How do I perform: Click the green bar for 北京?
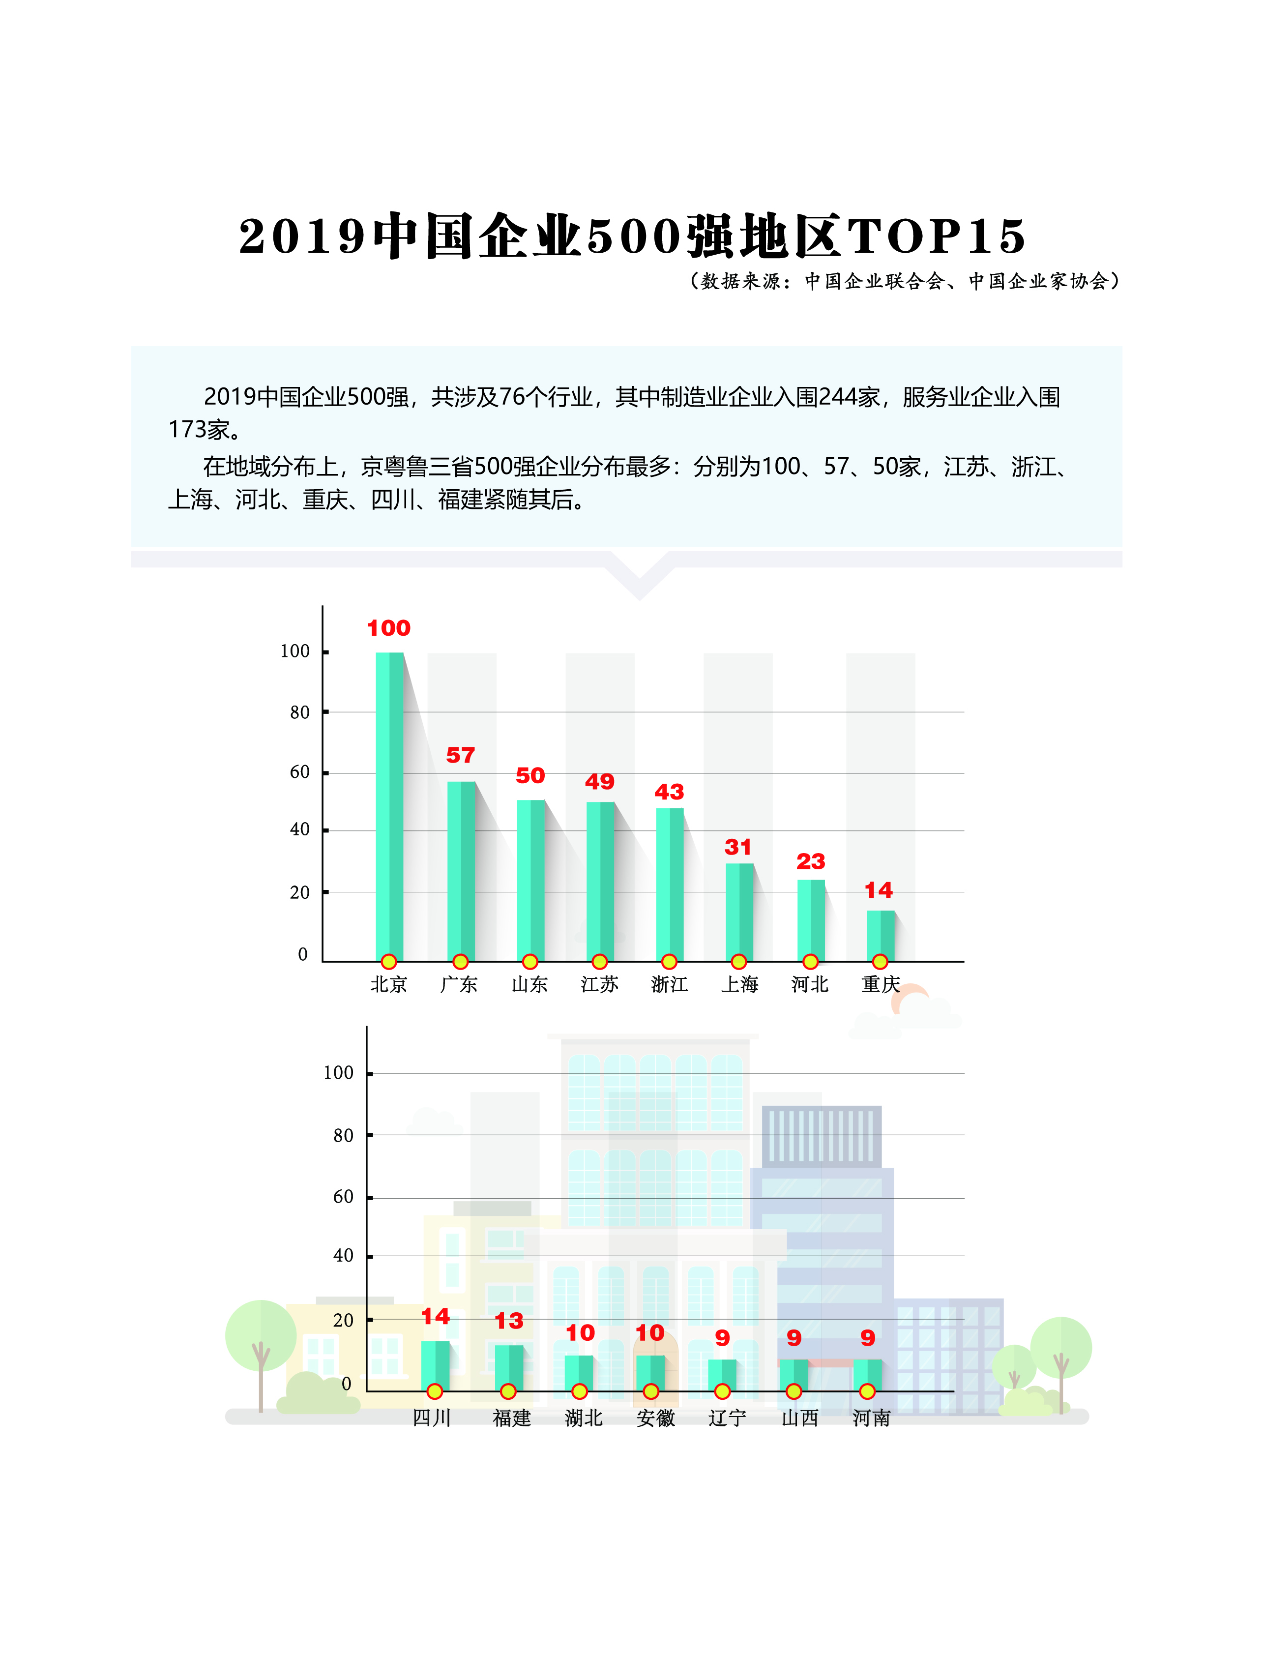pyautogui.click(x=389, y=805)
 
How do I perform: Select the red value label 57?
pyautogui.click(x=461, y=755)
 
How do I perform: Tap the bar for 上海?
pyautogui.click(x=739, y=911)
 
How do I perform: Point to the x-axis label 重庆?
pyautogui.click(x=881, y=984)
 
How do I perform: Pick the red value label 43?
pyautogui.click(x=669, y=792)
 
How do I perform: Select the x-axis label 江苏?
pyautogui.click(x=599, y=984)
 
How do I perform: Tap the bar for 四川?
pyautogui.click(x=435, y=1364)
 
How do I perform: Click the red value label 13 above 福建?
pyautogui.click(x=509, y=1321)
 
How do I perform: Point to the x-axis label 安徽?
pyautogui.click(x=655, y=1417)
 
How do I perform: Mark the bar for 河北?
pyautogui.click(x=810, y=919)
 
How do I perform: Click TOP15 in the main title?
pyautogui.click(x=937, y=236)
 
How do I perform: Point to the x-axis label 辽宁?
pyautogui.click(x=727, y=1417)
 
